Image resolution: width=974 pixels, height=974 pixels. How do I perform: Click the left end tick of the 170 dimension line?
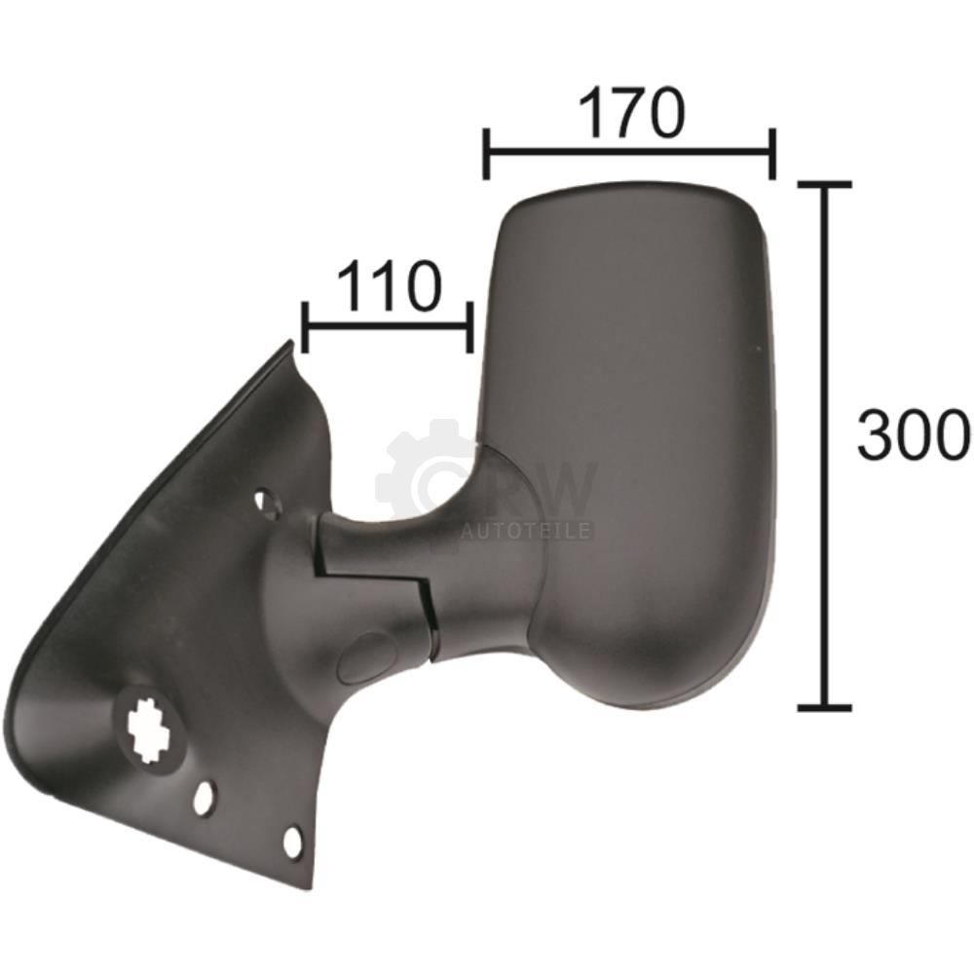point(487,154)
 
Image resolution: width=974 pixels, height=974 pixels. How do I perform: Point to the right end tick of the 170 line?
point(771,154)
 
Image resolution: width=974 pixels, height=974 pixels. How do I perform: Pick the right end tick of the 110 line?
point(470,327)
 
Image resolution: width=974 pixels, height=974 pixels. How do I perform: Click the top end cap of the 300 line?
point(824,184)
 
